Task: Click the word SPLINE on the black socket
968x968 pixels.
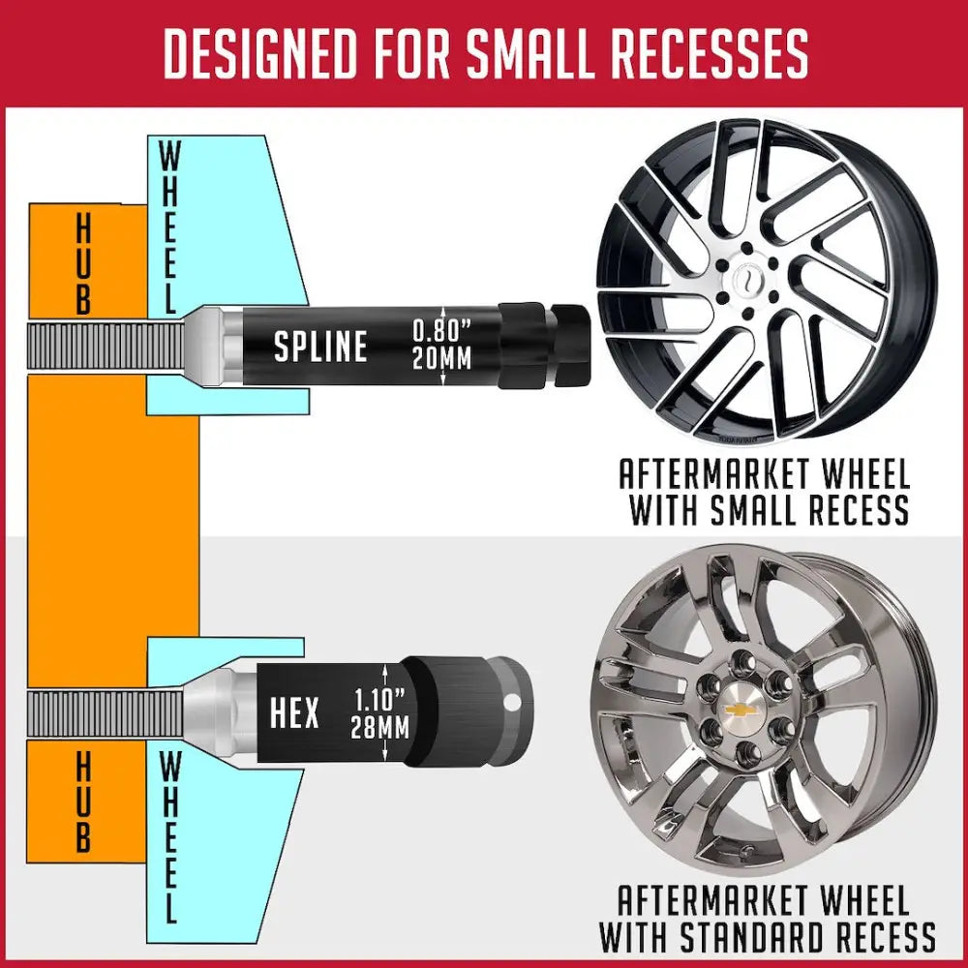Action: pyautogui.click(x=320, y=347)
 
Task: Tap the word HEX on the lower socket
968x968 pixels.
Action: pyautogui.click(x=294, y=712)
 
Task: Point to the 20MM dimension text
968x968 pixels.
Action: pyautogui.click(x=442, y=358)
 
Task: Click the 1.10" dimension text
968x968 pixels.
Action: pyautogui.click(x=380, y=700)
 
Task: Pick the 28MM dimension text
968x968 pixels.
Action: pyautogui.click(x=380, y=727)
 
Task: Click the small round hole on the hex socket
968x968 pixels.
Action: pyautogui.click(x=512, y=703)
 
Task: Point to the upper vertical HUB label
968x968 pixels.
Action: pyautogui.click(x=83, y=264)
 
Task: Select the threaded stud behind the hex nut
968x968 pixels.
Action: pyautogui.click(x=106, y=714)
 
